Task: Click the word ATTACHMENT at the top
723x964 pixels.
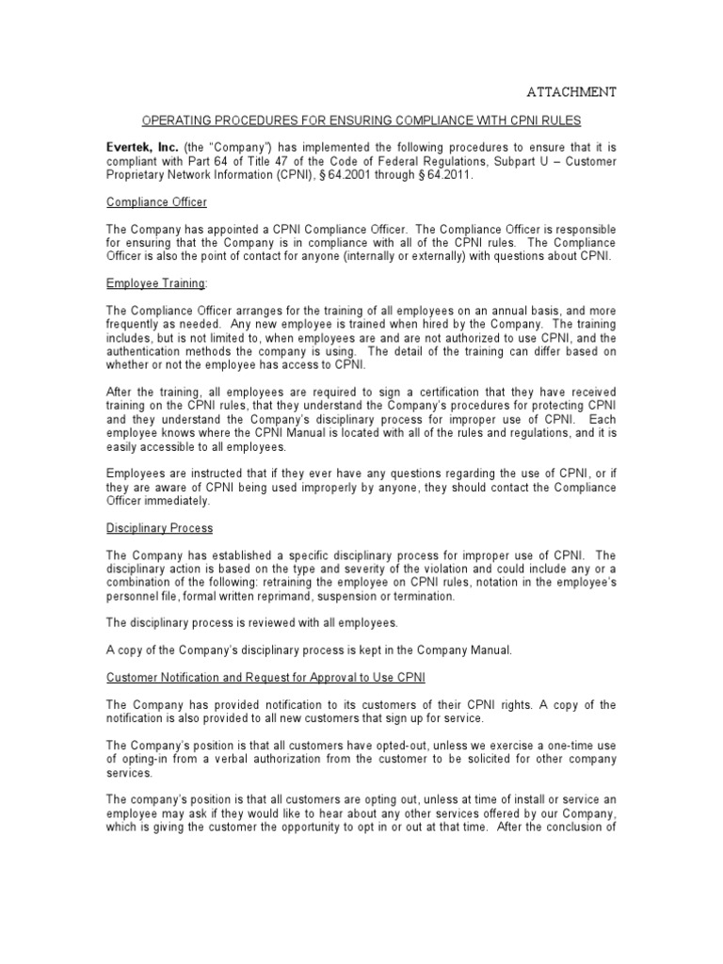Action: click(x=570, y=91)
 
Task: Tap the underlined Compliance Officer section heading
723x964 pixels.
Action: click(x=155, y=201)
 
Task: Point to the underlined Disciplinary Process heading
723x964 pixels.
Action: click(x=159, y=528)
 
